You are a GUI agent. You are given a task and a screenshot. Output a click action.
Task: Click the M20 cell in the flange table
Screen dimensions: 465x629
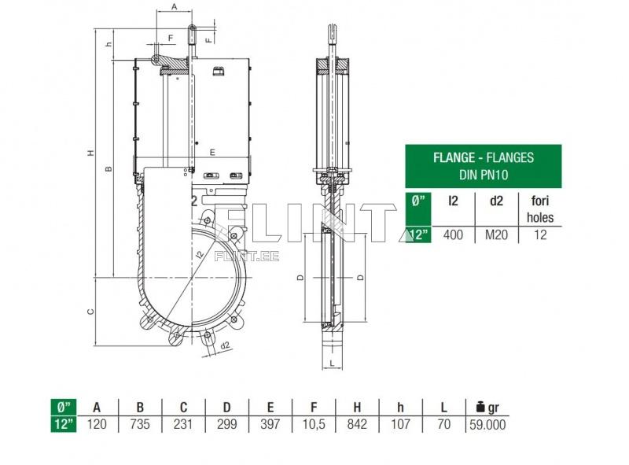coord(496,234)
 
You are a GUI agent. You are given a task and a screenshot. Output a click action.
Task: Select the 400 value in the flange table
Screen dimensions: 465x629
coord(453,234)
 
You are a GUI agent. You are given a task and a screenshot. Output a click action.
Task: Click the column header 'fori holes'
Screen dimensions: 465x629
coord(540,209)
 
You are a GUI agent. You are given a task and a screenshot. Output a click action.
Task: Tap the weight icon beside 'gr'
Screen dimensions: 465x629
coord(480,407)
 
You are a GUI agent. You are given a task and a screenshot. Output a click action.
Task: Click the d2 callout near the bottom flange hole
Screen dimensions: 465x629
coord(224,345)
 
